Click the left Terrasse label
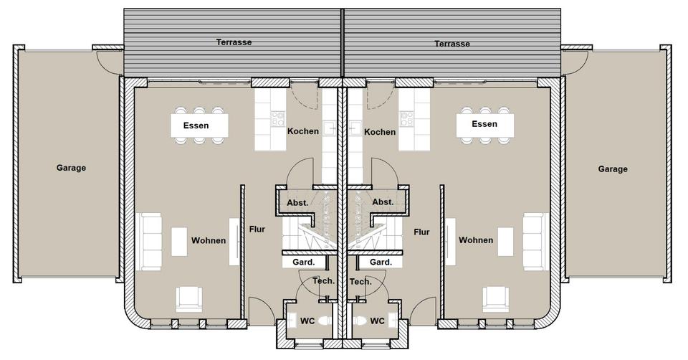[x=234, y=42]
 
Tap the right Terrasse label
[x=452, y=44]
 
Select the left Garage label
[x=71, y=168]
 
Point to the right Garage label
[x=613, y=169]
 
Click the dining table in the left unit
[x=199, y=126]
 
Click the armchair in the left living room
[x=188, y=298]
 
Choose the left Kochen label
[x=302, y=132]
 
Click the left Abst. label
[x=297, y=202]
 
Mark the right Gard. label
[x=381, y=262]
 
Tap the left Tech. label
[x=323, y=281]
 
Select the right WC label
[x=378, y=321]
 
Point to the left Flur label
[x=257, y=230]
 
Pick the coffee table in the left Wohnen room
[x=178, y=241]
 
